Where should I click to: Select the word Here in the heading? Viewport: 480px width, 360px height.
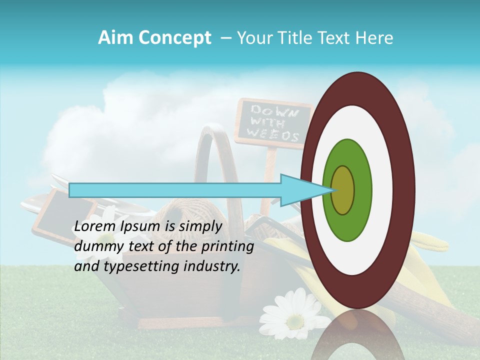[x=374, y=38]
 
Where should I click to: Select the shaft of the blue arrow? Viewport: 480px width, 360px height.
[x=175, y=190]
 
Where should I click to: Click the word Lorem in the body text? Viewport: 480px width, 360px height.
[x=95, y=226]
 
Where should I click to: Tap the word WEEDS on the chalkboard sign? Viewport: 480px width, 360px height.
[x=274, y=134]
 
